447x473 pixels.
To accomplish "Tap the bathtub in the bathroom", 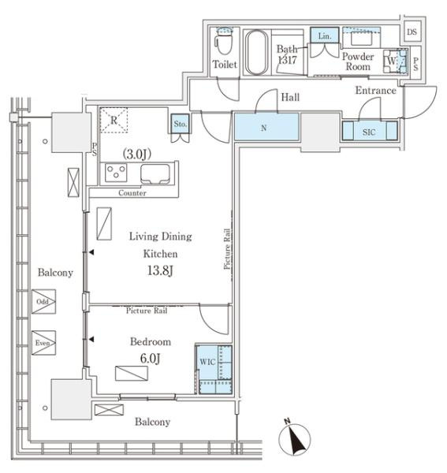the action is [256, 52].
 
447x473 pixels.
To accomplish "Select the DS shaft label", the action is [412, 32].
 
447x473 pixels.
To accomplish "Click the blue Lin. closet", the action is [324, 35].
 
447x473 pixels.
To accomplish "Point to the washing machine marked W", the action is [395, 61].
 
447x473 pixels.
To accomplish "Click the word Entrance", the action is [375, 91].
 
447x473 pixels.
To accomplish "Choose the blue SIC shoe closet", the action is [370, 131].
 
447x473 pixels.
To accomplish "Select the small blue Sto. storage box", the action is [180, 124].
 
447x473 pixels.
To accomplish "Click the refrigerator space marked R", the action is [114, 120].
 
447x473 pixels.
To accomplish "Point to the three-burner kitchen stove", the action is [116, 173].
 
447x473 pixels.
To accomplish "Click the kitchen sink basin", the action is [155, 173].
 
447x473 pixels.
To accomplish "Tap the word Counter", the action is [132, 193].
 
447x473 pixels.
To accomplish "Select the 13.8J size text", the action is [160, 270].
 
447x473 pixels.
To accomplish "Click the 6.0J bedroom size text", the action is [150, 359].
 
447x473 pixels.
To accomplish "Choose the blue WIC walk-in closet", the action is [214, 370].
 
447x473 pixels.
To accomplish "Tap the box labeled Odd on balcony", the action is [43, 302].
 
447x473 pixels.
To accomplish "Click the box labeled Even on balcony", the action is [43, 343].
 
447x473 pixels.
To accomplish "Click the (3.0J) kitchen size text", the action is [136, 155].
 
